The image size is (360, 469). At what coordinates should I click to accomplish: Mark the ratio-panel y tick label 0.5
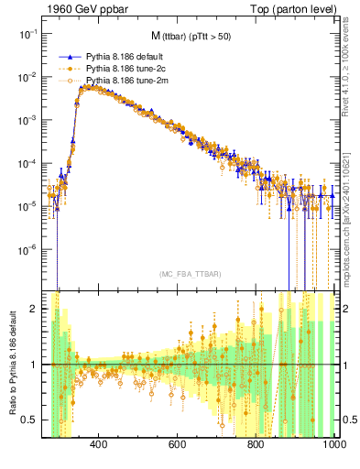(x=28, y=420)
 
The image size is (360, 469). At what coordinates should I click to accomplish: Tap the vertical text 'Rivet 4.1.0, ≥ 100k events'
(x=352, y=77)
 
